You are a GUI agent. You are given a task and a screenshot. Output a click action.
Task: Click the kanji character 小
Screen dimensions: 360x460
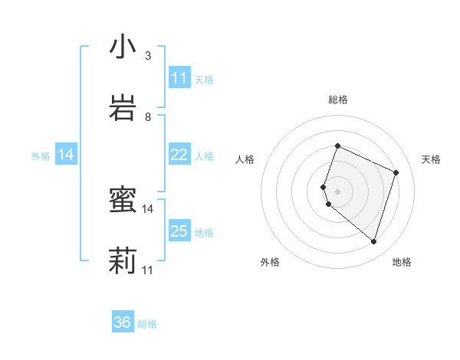click(123, 47)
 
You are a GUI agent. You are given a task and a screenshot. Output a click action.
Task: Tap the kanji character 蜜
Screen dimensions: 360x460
click(123, 201)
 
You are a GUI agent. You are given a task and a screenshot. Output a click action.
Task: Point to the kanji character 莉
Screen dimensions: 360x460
click(123, 260)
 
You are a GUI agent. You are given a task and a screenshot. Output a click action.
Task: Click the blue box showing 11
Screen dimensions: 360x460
click(179, 78)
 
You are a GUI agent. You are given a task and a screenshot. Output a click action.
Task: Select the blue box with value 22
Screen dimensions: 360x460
click(179, 155)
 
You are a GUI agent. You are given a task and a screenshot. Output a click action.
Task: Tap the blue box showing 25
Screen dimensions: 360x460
click(179, 231)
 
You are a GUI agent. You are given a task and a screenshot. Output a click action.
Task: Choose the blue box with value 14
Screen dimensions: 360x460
click(66, 155)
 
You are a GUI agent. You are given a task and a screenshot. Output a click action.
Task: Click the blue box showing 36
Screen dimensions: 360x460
click(123, 322)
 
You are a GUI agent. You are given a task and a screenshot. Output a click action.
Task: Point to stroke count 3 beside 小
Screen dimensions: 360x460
click(148, 56)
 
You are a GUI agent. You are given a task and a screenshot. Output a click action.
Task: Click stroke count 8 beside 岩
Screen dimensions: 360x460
click(148, 116)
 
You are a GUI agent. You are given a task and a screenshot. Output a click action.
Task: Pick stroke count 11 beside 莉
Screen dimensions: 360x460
click(148, 270)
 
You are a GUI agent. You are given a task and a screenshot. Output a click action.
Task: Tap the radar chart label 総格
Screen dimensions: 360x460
click(338, 100)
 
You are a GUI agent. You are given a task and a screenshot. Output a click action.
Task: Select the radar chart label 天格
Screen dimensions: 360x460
click(431, 159)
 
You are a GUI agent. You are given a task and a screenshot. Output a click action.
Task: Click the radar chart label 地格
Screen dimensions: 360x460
click(402, 262)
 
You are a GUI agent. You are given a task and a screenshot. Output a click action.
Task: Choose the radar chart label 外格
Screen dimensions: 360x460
click(270, 262)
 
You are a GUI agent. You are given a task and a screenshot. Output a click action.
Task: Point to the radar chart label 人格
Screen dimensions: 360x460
click(245, 159)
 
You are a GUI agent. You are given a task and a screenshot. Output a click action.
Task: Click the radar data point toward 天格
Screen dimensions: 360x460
click(396, 172)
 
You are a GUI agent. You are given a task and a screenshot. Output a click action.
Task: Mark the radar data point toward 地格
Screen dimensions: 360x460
click(373, 241)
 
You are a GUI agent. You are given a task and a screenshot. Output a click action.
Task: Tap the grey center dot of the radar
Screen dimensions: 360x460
click(338, 191)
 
